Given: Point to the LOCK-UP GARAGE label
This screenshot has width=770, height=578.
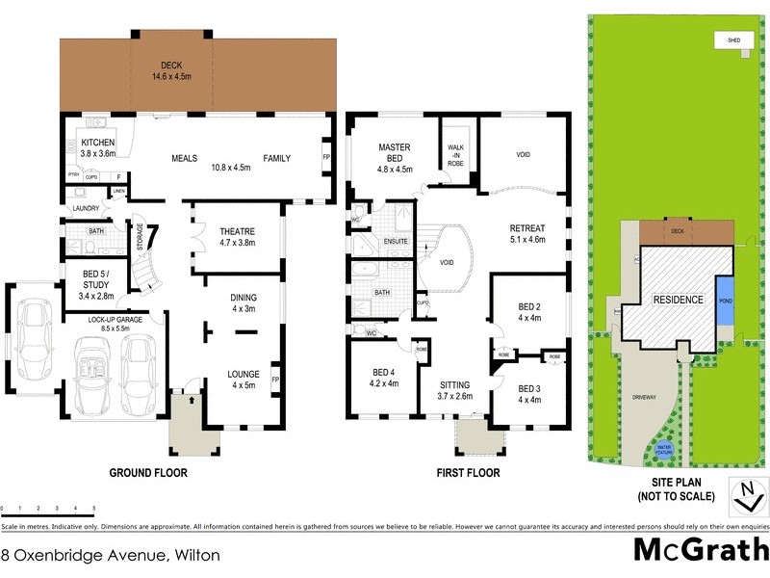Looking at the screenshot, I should click(x=115, y=319).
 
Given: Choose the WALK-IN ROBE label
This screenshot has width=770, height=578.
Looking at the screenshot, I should click(x=456, y=155).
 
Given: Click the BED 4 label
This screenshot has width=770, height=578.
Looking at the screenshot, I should click(x=383, y=372).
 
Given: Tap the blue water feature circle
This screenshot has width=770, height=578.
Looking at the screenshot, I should click(x=663, y=449).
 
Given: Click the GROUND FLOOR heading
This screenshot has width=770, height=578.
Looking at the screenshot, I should click(x=148, y=473).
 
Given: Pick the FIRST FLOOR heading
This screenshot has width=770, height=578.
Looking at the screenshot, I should click(x=468, y=473).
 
